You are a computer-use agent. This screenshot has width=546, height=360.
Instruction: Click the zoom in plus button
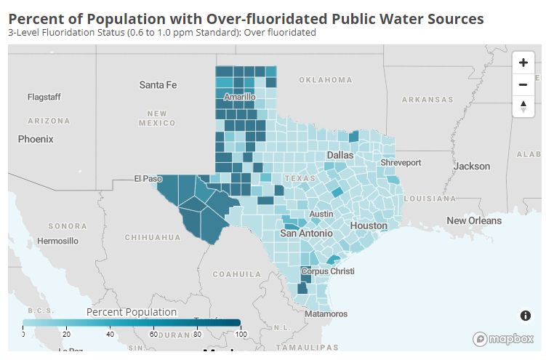(x=523, y=63)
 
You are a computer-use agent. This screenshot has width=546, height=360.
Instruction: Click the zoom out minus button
(x=523, y=84)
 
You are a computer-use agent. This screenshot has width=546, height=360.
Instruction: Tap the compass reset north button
(x=523, y=106)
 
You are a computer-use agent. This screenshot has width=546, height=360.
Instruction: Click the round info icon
(x=525, y=315)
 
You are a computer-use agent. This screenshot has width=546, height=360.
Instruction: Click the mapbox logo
(x=504, y=339)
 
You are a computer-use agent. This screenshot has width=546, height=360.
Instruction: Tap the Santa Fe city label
(x=158, y=85)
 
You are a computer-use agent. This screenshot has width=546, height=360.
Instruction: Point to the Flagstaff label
(x=44, y=97)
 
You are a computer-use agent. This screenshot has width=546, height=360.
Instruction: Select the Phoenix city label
(x=36, y=138)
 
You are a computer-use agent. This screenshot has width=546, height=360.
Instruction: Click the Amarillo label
(x=240, y=97)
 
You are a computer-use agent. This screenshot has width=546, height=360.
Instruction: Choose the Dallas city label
(x=340, y=155)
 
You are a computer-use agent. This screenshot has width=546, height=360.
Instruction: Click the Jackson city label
(x=472, y=166)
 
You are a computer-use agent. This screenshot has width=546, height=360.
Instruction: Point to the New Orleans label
(x=474, y=220)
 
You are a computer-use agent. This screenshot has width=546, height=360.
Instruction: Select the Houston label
(x=369, y=225)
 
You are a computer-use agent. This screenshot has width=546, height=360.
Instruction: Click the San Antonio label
(x=307, y=233)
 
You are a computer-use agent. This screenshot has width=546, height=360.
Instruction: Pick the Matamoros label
(x=326, y=314)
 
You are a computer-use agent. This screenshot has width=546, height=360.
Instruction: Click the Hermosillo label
(x=57, y=241)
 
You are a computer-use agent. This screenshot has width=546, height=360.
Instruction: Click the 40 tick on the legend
(x=110, y=334)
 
